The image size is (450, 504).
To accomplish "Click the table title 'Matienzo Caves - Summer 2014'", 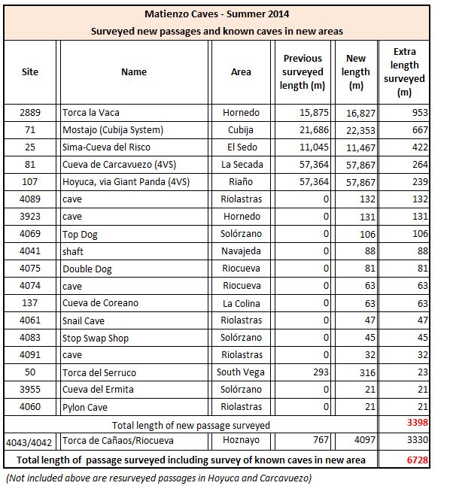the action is [217, 14].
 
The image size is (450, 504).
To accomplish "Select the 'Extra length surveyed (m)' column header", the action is [404, 71].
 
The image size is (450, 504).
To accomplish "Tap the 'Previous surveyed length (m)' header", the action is [303, 71].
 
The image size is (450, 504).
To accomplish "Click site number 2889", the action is [30, 113].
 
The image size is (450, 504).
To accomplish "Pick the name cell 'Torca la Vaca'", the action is [91, 113].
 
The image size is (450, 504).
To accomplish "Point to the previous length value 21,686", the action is [314, 130].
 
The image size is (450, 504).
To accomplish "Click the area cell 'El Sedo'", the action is [242, 147].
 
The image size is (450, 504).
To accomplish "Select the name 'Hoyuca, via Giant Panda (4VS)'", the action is [126, 182].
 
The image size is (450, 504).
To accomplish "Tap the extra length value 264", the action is [420, 165].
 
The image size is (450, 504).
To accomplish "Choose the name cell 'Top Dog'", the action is [80, 234].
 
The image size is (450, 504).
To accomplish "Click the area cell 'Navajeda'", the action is [241, 251].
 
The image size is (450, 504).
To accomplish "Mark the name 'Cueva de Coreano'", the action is [100, 303].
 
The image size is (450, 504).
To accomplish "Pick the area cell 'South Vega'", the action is [241, 372].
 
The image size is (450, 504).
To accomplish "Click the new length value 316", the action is [367, 372].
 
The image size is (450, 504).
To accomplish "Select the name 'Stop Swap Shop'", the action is [96, 339].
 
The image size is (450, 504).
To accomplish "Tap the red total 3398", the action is [418, 422].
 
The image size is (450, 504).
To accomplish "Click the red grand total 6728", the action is [418, 460].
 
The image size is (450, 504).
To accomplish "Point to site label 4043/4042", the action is [29, 443].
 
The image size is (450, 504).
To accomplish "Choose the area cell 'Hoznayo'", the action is [241, 440].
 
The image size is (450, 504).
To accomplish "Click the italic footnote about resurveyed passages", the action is [159, 478].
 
